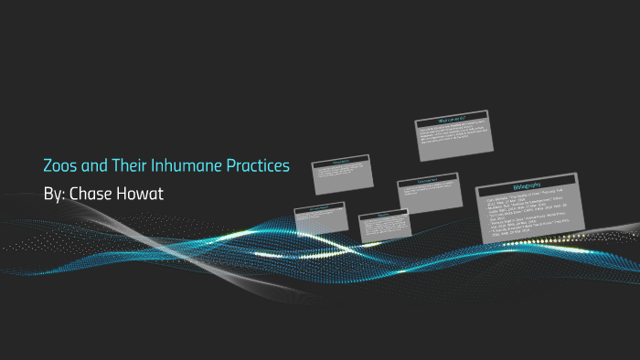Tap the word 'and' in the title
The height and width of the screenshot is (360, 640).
click(x=98, y=166)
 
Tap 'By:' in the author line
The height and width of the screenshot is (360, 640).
click(x=55, y=194)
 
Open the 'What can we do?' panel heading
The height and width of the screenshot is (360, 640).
click(x=453, y=120)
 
